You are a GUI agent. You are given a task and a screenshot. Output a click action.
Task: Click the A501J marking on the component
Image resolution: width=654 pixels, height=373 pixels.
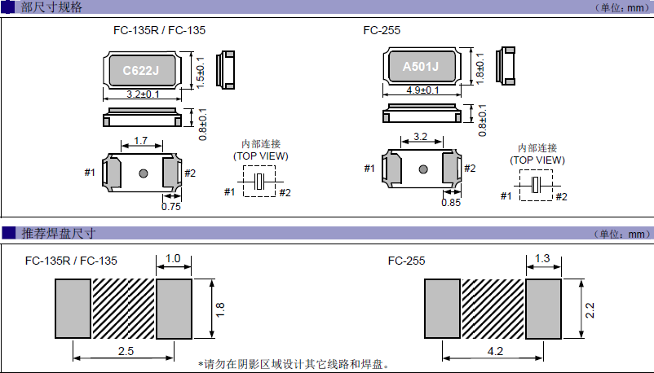[x=420, y=66]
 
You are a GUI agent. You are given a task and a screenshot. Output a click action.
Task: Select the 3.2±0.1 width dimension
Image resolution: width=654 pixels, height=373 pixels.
[x=142, y=94]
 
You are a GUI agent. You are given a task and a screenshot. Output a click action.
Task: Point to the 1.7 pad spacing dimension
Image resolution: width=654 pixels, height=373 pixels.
[x=140, y=141]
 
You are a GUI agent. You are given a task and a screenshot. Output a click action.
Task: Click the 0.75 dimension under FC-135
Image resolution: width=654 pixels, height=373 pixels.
[x=170, y=206]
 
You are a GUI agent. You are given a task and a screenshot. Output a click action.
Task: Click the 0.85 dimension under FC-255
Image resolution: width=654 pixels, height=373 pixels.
[x=451, y=202]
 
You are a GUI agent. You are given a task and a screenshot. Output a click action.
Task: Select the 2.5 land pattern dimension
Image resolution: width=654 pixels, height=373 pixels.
[x=123, y=349]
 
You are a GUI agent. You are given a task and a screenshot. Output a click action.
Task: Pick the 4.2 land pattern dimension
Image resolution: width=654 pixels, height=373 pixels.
[x=493, y=349]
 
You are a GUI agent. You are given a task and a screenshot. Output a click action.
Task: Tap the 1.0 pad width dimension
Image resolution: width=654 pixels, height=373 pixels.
[x=173, y=259]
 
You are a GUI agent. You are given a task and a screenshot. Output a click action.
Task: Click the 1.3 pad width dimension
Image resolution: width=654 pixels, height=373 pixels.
[x=542, y=258]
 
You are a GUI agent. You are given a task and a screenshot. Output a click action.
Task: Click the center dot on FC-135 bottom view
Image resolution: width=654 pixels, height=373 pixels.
[x=143, y=173]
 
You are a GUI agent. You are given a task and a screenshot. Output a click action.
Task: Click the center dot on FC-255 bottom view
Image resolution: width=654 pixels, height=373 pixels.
[x=423, y=169]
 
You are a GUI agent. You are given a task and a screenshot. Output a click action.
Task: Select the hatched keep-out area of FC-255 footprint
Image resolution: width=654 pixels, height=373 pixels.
[x=493, y=309]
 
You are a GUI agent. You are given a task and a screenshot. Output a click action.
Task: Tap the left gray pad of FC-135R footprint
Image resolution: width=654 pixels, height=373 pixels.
[x=73, y=309]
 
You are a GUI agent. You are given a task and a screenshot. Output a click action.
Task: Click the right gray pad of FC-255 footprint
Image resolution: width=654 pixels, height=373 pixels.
[x=543, y=309]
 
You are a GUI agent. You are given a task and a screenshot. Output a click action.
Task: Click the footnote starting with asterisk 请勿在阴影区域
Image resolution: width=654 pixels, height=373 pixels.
[x=294, y=363]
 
